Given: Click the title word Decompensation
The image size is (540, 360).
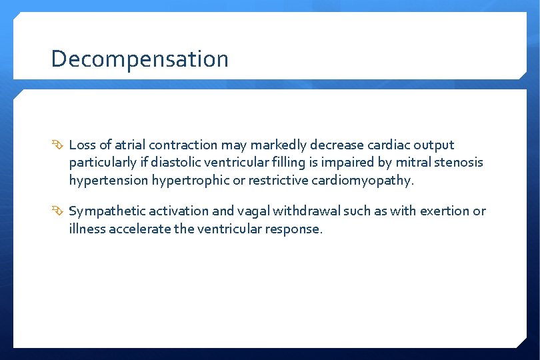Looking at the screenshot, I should [139, 59].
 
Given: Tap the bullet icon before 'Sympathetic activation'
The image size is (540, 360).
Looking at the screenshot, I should [58, 211].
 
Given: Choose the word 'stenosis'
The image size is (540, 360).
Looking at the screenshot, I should [459, 162].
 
